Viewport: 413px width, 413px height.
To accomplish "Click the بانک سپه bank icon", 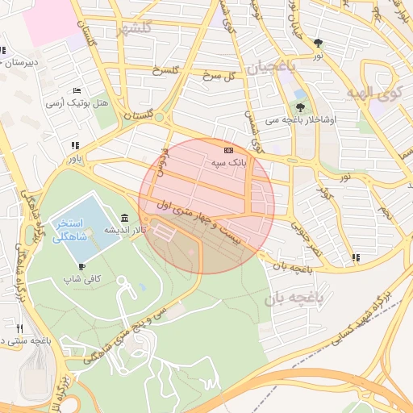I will coord(228,150).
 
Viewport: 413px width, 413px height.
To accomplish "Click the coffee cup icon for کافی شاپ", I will coord(81,266).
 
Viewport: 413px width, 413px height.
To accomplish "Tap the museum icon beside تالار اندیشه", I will coord(123,218).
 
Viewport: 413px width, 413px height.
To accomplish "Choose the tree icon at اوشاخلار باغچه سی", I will coord(301,106).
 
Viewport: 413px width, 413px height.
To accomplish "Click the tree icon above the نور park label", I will coord(319,43).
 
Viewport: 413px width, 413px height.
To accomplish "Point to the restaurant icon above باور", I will coord(75,146).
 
